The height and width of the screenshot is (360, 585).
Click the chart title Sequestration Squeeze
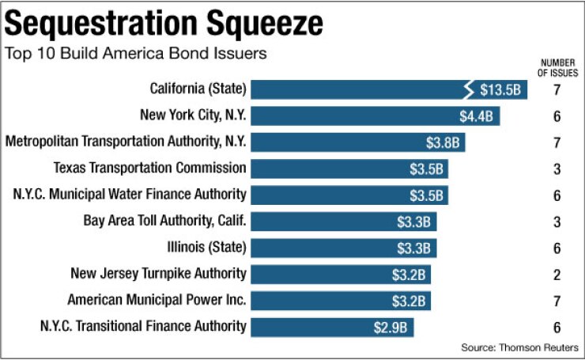pos(164,23)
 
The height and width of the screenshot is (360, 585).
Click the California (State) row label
pos(198,88)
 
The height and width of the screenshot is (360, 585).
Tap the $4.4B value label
pos(477,116)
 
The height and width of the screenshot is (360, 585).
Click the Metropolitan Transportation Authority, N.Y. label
pos(126,142)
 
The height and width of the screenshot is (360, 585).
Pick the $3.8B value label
pos(443,142)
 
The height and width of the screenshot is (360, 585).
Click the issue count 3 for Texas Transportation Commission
pos(557,169)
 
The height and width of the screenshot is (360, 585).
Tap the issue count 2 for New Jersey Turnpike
pos(557,275)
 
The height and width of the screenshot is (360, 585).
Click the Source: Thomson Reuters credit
pos(520,347)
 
